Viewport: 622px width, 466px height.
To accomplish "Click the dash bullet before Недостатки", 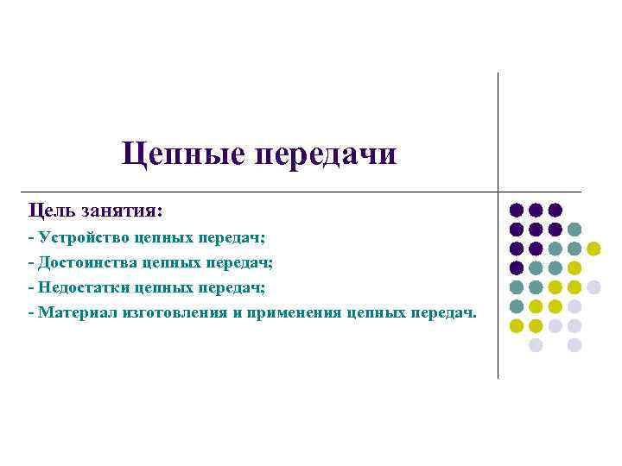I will click(31, 286).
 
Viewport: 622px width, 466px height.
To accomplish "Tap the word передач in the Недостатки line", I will click(237, 286).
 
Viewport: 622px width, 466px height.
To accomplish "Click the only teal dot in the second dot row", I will click(574, 230).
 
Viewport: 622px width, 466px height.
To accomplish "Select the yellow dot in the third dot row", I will click(593, 249).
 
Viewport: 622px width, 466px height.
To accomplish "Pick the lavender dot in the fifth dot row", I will click(593, 287).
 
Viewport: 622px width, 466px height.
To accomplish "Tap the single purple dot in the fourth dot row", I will click(517, 268).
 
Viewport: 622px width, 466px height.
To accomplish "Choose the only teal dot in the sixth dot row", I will click(517, 306).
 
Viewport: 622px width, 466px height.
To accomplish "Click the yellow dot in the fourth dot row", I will click(574, 268).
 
